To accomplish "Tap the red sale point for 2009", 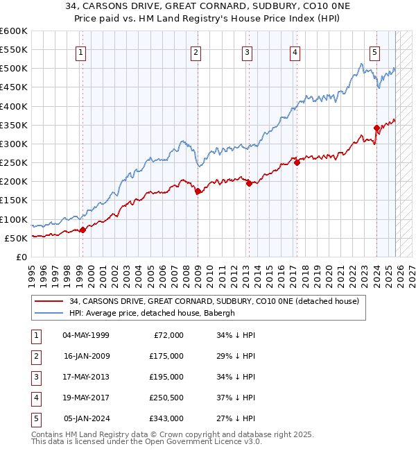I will (x=198, y=191).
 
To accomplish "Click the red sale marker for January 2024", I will (x=376, y=128).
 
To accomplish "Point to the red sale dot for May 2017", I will (x=297, y=162).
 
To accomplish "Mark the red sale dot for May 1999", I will (x=83, y=230).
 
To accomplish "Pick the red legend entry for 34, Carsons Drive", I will (x=214, y=301).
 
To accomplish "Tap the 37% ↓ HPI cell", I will (x=236, y=398).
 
